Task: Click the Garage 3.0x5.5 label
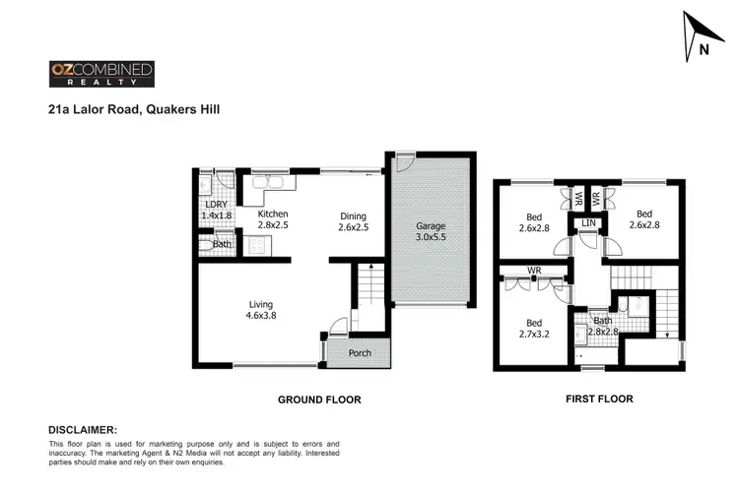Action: pyautogui.click(x=431, y=232)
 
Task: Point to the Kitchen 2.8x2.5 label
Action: pyautogui.click(x=273, y=219)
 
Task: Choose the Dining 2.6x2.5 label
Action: pyautogui.click(x=354, y=222)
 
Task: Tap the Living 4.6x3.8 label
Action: pyautogui.click(x=260, y=310)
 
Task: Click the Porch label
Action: pyautogui.click(x=360, y=352)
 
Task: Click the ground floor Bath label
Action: pyautogui.click(x=222, y=244)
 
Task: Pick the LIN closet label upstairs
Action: pyautogui.click(x=588, y=225)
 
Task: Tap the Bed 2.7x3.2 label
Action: pyautogui.click(x=533, y=329)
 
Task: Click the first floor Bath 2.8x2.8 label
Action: pyautogui.click(x=603, y=326)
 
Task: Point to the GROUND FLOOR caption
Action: pyautogui.click(x=319, y=400)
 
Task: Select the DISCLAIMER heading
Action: pyautogui.click(x=83, y=430)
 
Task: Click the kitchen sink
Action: pyautogui.click(x=267, y=183)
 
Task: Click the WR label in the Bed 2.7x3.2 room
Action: pyautogui.click(x=533, y=270)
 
